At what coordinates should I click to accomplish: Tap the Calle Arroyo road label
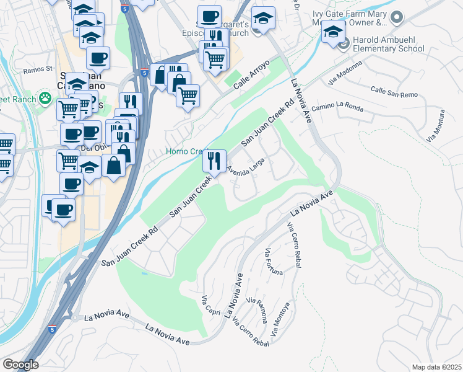[252, 75]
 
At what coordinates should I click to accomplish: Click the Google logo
[20, 365]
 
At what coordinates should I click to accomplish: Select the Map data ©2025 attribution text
[436, 367]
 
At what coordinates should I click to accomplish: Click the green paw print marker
[45, 97]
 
